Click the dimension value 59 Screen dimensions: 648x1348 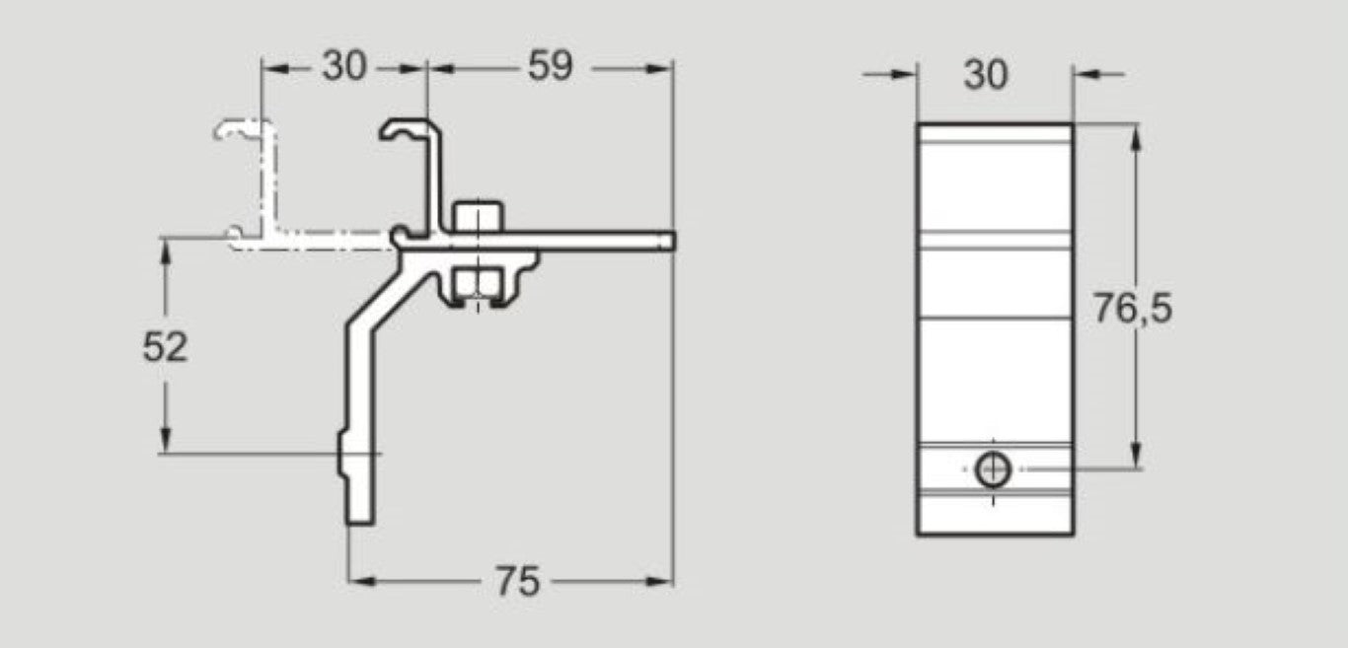pos(550,67)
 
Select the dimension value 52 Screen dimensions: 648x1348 pos(165,347)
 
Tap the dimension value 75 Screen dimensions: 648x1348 pos(516,582)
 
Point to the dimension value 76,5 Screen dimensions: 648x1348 pos(1132,310)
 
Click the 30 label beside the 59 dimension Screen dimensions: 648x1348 pos(343,67)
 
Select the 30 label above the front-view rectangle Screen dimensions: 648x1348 pos(986,74)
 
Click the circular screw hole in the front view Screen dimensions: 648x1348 pos(993,470)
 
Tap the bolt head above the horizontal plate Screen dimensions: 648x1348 pos(478,217)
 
